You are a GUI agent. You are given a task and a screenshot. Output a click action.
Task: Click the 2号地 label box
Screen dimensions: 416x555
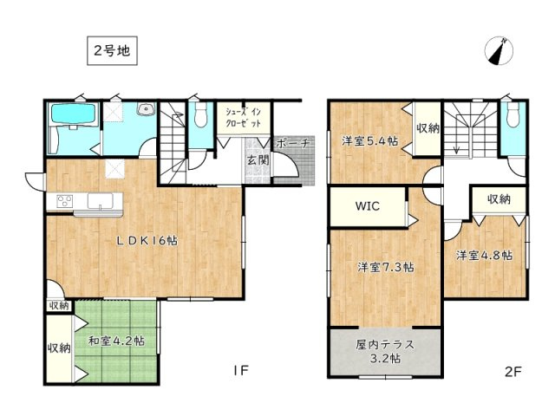111,51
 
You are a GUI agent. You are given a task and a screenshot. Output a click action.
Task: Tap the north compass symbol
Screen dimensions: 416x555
496,51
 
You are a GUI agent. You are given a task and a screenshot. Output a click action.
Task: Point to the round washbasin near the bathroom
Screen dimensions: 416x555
146,111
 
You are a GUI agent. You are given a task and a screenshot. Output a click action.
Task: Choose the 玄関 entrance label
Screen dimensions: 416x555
258,159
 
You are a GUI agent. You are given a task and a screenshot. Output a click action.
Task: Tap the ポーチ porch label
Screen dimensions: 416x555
293,144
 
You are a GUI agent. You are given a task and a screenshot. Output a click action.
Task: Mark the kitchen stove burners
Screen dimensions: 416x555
65,202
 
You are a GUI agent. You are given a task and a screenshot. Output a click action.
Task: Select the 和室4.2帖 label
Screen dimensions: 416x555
115,340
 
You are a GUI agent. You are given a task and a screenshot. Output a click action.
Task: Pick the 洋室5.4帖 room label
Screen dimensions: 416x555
369,140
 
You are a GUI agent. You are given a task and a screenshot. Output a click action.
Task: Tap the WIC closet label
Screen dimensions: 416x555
365,208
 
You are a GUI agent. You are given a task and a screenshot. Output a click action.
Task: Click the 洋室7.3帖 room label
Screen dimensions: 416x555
385,267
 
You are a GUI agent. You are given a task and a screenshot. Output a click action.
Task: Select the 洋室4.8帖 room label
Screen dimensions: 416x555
485,255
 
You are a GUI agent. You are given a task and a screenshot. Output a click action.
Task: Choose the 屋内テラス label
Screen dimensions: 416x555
384,350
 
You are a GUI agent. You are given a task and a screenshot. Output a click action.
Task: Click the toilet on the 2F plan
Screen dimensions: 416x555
513,118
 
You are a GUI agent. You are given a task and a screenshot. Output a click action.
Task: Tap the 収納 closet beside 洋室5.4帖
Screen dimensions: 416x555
427,128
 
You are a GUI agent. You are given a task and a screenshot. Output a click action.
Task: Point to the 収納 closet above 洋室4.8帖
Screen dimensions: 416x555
498,199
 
